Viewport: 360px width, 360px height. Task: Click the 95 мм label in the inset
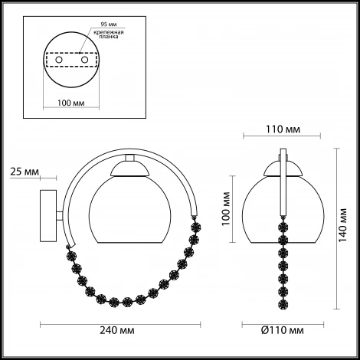(x=109, y=25)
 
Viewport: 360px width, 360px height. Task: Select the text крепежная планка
(x=109, y=34)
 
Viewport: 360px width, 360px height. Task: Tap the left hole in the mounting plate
(x=59, y=60)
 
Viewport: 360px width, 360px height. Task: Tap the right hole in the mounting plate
(x=84, y=60)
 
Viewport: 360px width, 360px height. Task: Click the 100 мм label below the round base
(x=71, y=103)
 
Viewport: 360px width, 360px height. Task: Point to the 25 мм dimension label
(x=25, y=172)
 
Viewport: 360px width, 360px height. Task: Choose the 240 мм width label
(x=117, y=330)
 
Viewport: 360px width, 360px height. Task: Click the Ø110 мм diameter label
(x=283, y=330)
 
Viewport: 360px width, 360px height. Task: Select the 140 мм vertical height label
(x=342, y=225)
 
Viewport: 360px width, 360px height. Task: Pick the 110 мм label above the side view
(x=283, y=129)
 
